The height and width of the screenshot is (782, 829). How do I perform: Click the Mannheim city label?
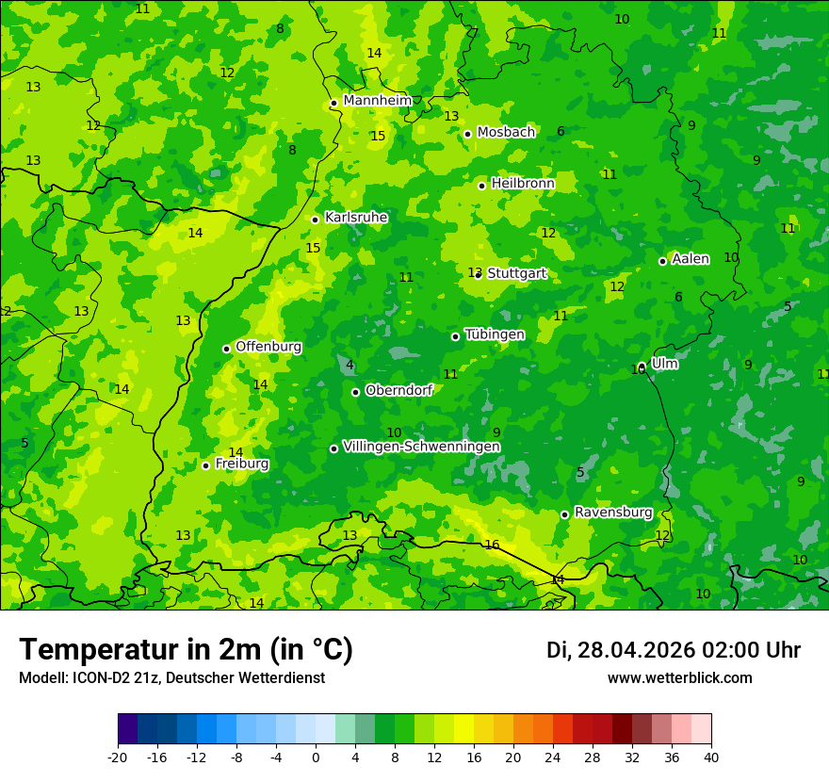click(x=378, y=101)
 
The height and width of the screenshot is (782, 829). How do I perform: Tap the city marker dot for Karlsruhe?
click(x=315, y=220)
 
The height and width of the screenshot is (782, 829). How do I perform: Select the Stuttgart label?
click(x=516, y=273)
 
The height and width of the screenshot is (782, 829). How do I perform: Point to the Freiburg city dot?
click(x=205, y=465)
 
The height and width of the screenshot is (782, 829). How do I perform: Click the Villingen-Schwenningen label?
click(x=421, y=447)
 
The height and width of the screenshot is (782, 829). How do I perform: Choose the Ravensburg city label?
click(x=613, y=513)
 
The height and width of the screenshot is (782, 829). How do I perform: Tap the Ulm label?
click(x=664, y=364)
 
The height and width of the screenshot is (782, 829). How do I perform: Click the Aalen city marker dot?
click(x=662, y=261)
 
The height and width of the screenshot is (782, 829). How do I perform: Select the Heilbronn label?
click(x=523, y=184)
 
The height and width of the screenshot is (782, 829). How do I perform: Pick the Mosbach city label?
click(x=506, y=133)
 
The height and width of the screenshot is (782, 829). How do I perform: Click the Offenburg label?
click(x=268, y=347)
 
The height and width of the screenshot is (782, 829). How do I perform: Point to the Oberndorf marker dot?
click(x=355, y=392)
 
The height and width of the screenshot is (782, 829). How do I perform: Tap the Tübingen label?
click(x=495, y=334)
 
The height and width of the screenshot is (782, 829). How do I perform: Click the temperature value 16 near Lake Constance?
click(x=492, y=545)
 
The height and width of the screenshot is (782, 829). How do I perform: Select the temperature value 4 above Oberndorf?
click(x=349, y=366)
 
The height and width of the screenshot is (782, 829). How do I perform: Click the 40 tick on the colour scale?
click(x=710, y=757)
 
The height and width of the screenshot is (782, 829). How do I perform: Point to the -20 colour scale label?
click(x=118, y=757)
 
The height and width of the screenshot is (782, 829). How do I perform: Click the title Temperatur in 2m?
click(x=186, y=649)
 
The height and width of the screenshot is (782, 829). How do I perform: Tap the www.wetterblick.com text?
click(x=679, y=677)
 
